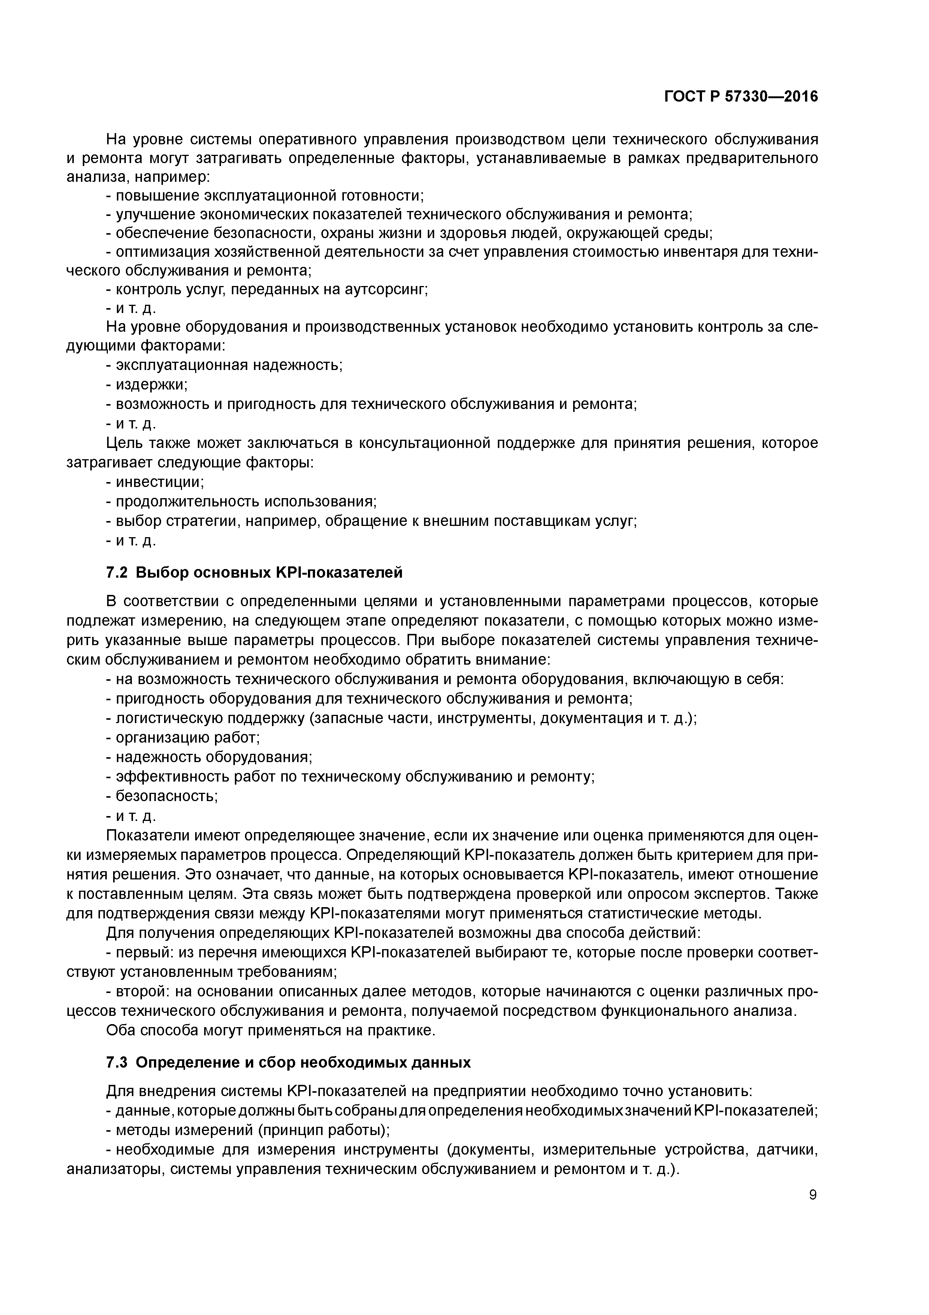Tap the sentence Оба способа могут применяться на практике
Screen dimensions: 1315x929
click(x=271, y=1030)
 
